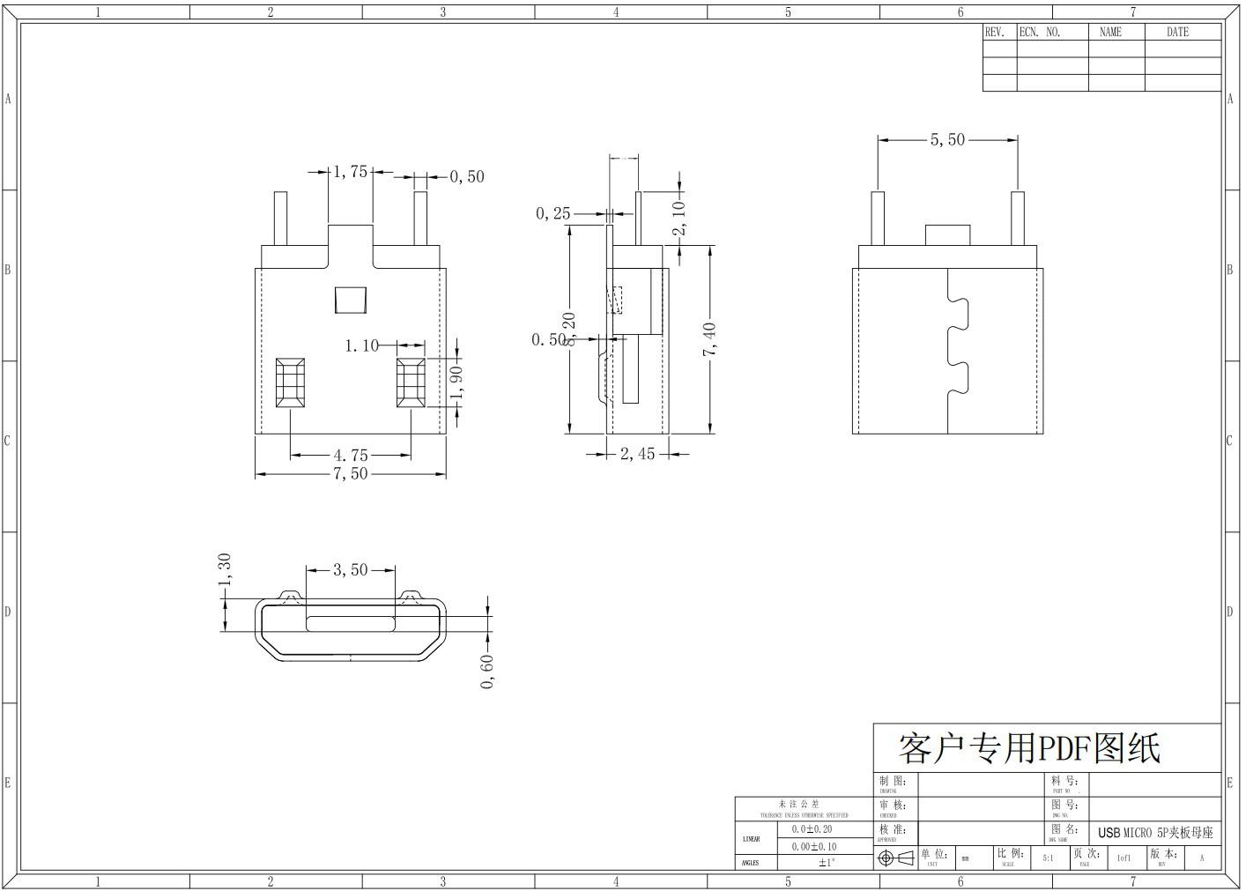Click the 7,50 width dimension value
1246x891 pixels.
tap(350, 474)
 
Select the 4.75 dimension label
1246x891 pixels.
tap(350, 456)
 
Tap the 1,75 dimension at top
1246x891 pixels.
tap(350, 172)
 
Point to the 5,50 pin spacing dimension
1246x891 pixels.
tap(947, 139)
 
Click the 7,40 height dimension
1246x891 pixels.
tap(709, 340)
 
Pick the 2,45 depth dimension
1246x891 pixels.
tap(637, 454)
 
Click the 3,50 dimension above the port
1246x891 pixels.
tap(350, 570)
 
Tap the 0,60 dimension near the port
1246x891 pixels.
tap(487, 672)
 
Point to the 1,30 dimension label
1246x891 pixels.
tap(225, 569)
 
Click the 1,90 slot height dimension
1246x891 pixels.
tap(456, 381)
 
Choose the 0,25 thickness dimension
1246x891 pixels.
tap(553, 213)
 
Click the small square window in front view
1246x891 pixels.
tap(350, 300)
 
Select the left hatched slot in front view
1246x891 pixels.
tap(290, 382)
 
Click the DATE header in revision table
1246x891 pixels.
tap(1177, 32)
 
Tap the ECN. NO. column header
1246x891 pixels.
tap(1041, 32)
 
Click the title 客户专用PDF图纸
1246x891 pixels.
tap(1029, 748)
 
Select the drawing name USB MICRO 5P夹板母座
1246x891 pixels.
tap(1154, 833)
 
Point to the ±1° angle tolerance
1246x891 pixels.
tap(825, 863)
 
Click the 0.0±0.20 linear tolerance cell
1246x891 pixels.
tap(812, 829)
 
